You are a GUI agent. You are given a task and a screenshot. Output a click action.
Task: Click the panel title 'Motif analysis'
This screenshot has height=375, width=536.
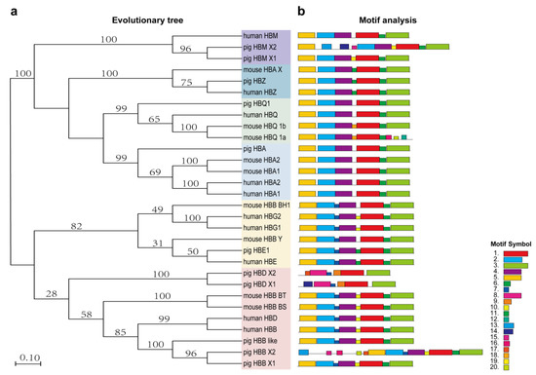tap(360, 18)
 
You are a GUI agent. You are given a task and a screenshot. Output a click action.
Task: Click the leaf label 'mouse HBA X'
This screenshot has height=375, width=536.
tap(264, 70)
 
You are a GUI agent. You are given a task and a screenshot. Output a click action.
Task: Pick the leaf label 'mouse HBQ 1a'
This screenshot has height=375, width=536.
tap(266, 138)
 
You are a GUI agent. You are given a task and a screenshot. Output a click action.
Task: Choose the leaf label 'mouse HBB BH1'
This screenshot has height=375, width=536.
tap(267, 206)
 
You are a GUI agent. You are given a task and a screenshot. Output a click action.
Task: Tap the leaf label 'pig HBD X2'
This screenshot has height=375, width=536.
tap(261, 274)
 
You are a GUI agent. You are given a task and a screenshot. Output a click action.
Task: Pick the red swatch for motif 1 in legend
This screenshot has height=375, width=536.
tap(516, 252)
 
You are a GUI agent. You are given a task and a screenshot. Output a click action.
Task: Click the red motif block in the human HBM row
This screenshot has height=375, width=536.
tap(367, 34)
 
